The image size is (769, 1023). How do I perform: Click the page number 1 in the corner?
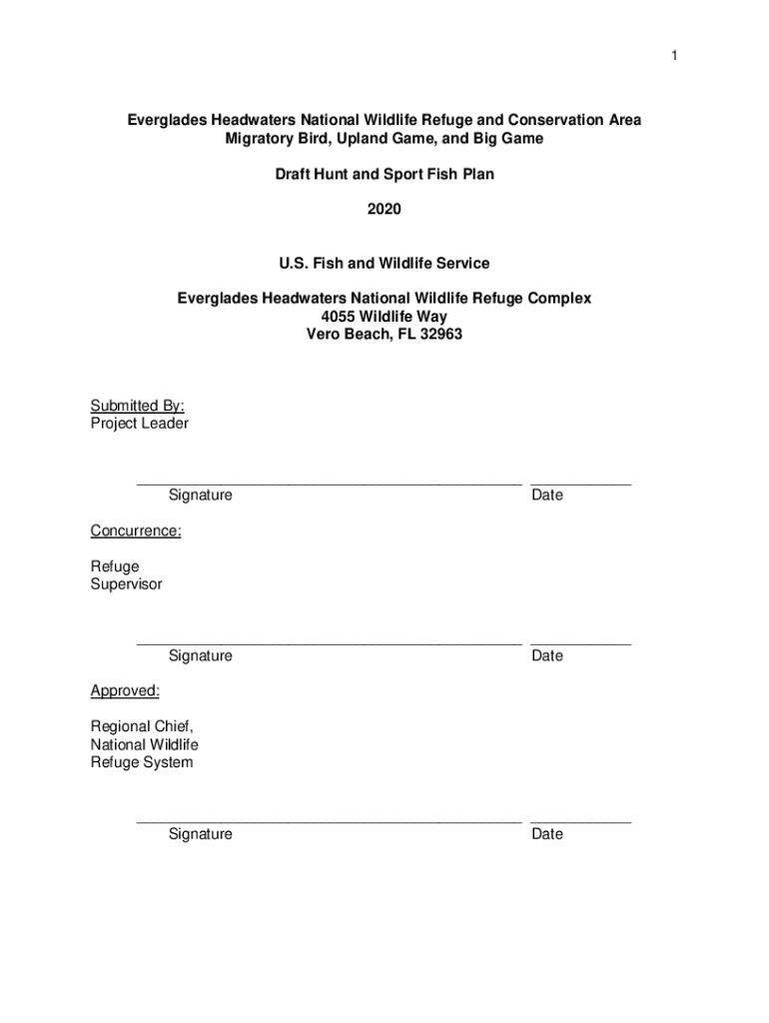674,56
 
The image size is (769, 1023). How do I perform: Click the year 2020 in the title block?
384,210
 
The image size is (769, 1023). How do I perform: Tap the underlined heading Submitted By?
137,406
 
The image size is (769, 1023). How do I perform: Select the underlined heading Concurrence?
136,530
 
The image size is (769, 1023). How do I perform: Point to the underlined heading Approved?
125,690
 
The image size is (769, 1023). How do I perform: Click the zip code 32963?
442,335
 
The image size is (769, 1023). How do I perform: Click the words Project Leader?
139,424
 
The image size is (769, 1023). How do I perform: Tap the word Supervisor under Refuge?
126,584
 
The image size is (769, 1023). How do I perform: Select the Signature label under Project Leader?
200,496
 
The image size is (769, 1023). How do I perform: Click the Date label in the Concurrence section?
547,655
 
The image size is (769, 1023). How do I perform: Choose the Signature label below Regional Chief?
200,834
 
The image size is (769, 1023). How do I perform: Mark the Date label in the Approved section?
547,834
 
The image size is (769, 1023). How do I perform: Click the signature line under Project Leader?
329,485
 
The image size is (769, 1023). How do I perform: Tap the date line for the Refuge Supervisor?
580,644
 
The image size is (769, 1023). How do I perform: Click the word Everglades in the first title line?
167,120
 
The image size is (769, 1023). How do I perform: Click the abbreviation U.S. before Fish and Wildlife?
296,264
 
